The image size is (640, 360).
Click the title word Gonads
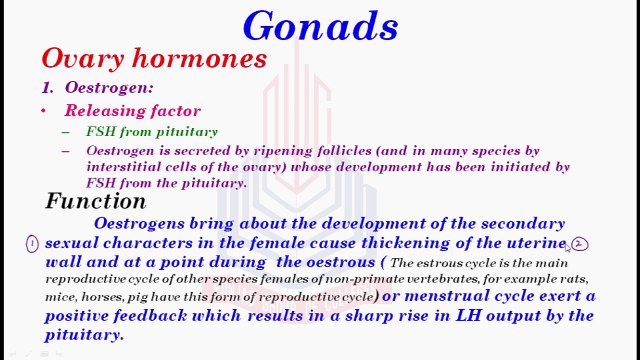320,25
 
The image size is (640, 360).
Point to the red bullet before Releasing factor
44,111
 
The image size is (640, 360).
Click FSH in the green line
100,132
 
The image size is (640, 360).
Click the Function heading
96,201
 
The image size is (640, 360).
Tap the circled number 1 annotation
32,243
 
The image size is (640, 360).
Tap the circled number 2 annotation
580,243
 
